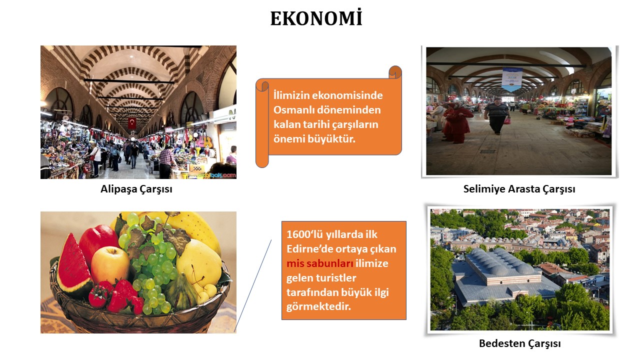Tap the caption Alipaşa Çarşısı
pyautogui.click(x=136, y=189)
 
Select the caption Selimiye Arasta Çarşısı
pyautogui.click(x=519, y=189)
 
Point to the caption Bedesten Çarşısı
pyautogui.click(x=519, y=343)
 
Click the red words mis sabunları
pyautogui.click(x=319, y=263)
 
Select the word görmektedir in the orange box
pyautogui.click(x=318, y=307)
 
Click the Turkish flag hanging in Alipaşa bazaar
pyautogui.click(x=132, y=123)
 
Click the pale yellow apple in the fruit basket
pyautogui.click(x=109, y=265)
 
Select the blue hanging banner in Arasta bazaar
pyautogui.click(x=512, y=79)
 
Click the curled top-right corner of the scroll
pyautogui.click(x=395, y=72)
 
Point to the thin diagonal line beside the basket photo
pyautogui.click(x=252, y=286)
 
